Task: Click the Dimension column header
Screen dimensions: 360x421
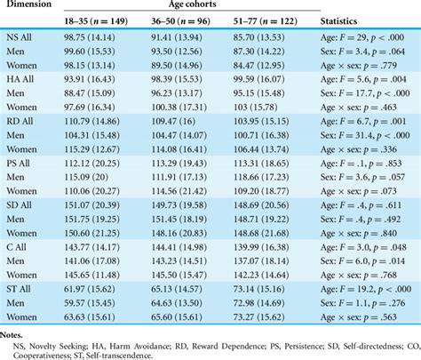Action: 32,7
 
